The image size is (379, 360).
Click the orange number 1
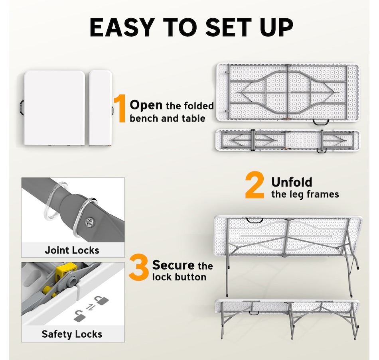(120, 108)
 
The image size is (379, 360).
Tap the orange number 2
(255, 185)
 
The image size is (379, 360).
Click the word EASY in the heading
(122, 27)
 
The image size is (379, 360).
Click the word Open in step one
(146, 106)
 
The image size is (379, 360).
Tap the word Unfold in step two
(292, 182)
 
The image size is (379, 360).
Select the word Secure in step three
(173, 265)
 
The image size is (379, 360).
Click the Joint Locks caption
(72, 250)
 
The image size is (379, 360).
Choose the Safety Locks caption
(72, 334)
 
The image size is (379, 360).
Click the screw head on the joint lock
(90, 222)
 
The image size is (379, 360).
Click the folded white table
(54, 108)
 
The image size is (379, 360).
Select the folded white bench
(100, 108)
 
